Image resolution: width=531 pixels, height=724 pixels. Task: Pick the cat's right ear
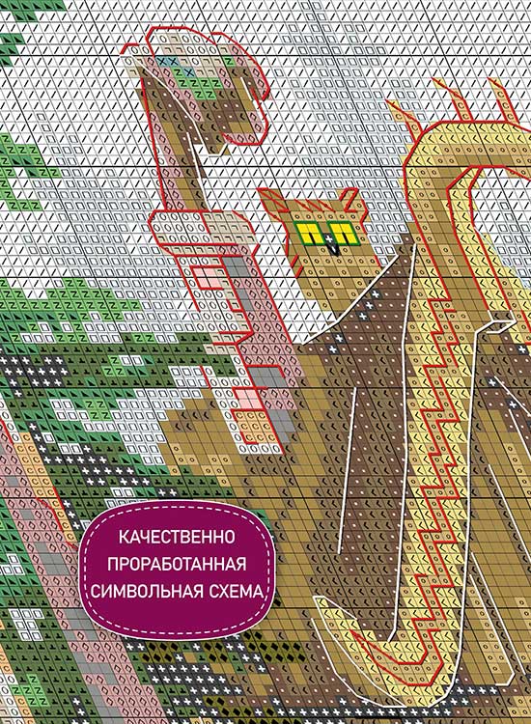349,199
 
